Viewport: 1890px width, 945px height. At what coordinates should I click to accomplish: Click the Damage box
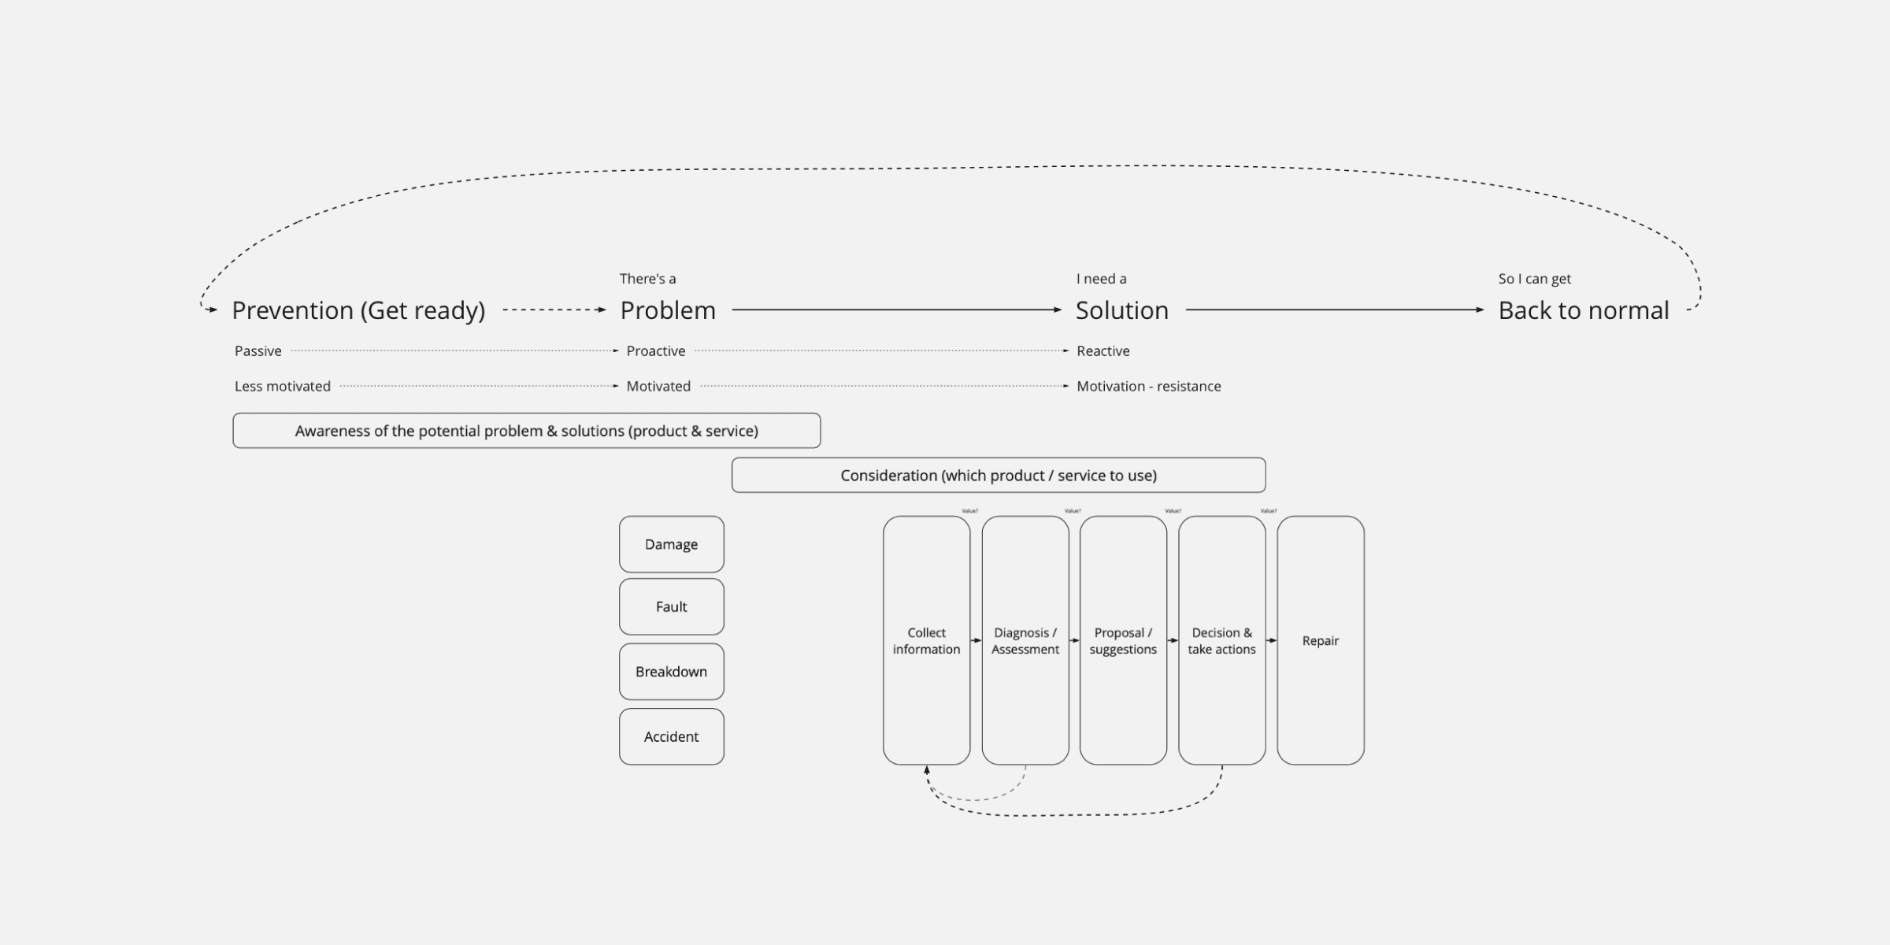click(x=671, y=544)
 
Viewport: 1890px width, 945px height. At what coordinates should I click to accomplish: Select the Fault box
click(x=671, y=606)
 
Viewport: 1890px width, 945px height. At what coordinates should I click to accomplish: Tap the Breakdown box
click(x=671, y=672)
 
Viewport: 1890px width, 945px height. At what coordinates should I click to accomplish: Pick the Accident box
click(x=671, y=736)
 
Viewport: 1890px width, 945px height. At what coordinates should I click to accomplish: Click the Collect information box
click(x=926, y=640)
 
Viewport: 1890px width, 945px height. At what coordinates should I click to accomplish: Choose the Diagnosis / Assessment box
click(x=1025, y=640)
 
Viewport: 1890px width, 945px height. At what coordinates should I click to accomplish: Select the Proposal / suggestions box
click(x=1123, y=640)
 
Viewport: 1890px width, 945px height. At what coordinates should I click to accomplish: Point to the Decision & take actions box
click(x=1221, y=640)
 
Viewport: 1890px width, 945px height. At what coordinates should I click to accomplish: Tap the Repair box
click(x=1320, y=640)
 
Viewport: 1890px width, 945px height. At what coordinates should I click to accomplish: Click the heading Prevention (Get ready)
click(x=358, y=310)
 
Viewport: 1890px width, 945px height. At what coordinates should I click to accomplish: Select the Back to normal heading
click(x=1583, y=310)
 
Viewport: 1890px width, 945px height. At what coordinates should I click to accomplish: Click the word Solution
click(x=1121, y=310)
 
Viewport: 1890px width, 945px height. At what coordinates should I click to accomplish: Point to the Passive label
click(x=258, y=351)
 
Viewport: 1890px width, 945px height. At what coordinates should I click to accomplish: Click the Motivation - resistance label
click(x=1148, y=387)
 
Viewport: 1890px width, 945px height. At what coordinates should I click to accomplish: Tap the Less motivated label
click(x=282, y=387)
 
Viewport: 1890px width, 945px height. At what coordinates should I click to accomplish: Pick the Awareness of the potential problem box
click(x=526, y=431)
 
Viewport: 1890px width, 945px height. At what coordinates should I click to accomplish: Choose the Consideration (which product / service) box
click(x=998, y=476)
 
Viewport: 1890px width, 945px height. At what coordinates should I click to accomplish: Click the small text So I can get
click(x=1534, y=279)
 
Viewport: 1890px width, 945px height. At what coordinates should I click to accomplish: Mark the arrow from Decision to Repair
click(x=1271, y=640)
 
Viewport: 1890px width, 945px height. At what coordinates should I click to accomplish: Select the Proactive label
click(x=655, y=351)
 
